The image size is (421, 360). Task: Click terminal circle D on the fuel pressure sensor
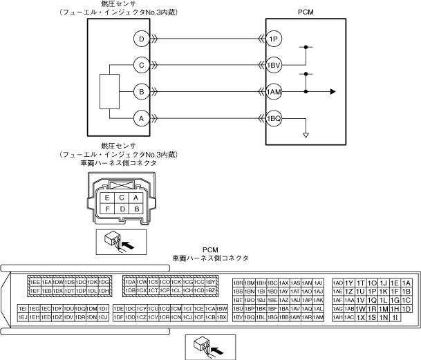tap(141, 39)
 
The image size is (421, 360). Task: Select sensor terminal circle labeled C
tap(141, 66)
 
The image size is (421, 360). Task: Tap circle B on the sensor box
tap(141, 92)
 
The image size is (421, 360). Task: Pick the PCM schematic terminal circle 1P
tap(274, 39)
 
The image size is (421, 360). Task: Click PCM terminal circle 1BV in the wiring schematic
tap(274, 66)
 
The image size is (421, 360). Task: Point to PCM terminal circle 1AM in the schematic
tap(274, 92)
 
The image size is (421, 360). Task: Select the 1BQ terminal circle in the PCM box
tap(274, 118)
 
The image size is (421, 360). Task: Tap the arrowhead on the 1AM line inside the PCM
tap(334, 92)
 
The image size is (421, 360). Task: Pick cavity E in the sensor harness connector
tap(107, 198)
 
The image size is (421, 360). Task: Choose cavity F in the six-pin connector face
tap(107, 208)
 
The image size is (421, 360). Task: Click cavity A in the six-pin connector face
tap(136, 198)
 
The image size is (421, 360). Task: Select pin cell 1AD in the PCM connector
tap(338, 283)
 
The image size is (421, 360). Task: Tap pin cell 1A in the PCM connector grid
tap(406, 283)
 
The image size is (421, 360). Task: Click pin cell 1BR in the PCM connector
tap(238, 283)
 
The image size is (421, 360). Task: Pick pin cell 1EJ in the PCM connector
tap(23, 317)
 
